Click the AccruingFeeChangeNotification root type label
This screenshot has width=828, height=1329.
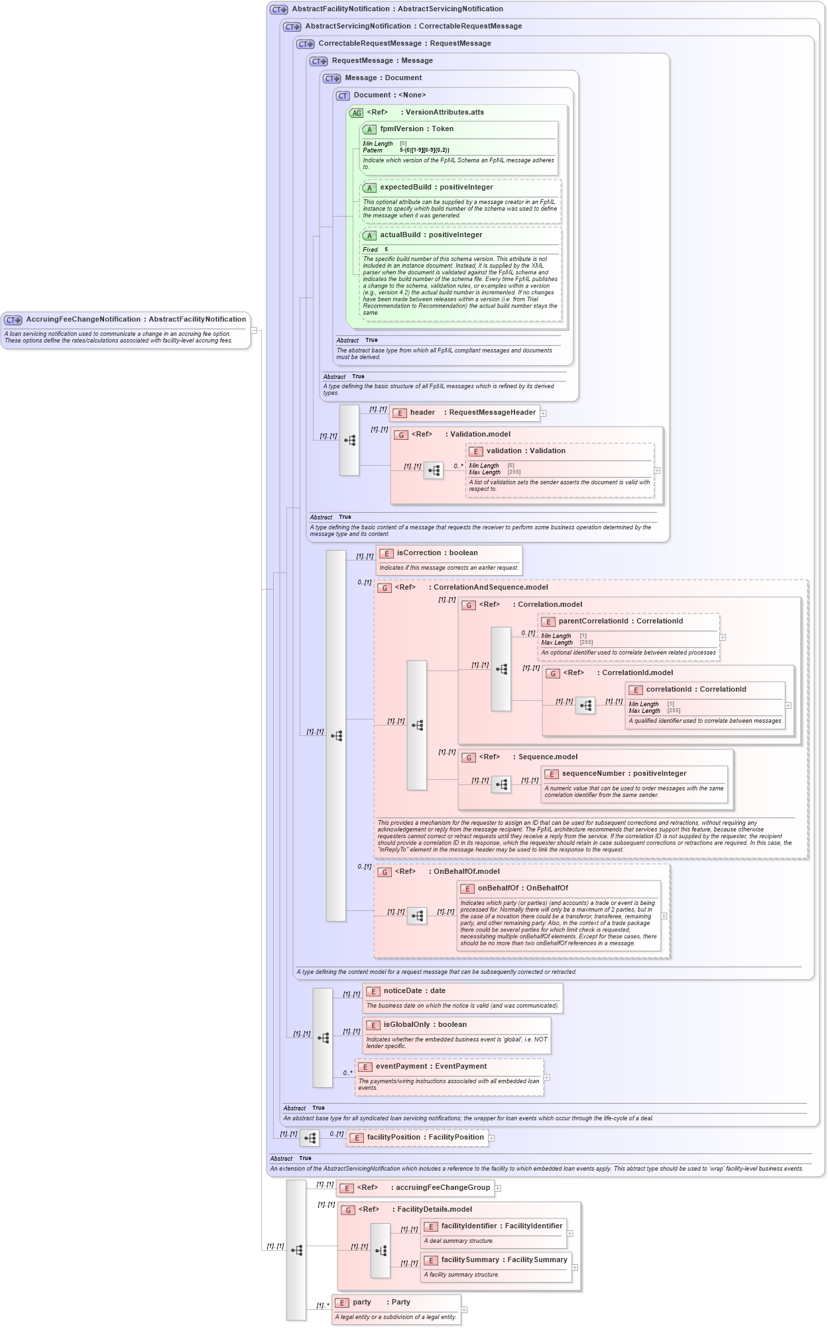(135, 319)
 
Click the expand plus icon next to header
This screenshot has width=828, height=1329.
(544, 413)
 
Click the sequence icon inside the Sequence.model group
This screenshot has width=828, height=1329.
(501, 785)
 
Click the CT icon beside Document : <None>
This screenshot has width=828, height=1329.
(343, 96)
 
